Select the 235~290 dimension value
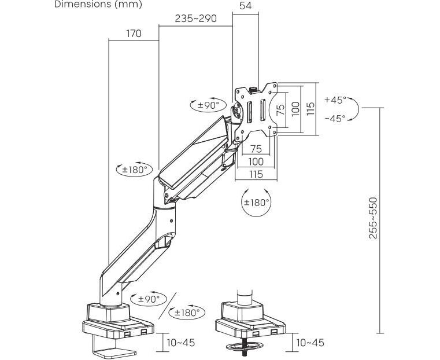[195, 19]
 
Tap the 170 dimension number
[134, 34]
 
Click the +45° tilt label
[335, 100]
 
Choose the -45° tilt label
[335, 118]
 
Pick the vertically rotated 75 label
[280, 110]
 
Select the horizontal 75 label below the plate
[256, 149]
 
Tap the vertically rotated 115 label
[310, 110]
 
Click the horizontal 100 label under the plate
[256, 161]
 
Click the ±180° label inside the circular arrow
[256, 203]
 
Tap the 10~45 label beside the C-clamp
[181, 343]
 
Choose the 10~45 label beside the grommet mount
[310, 343]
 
